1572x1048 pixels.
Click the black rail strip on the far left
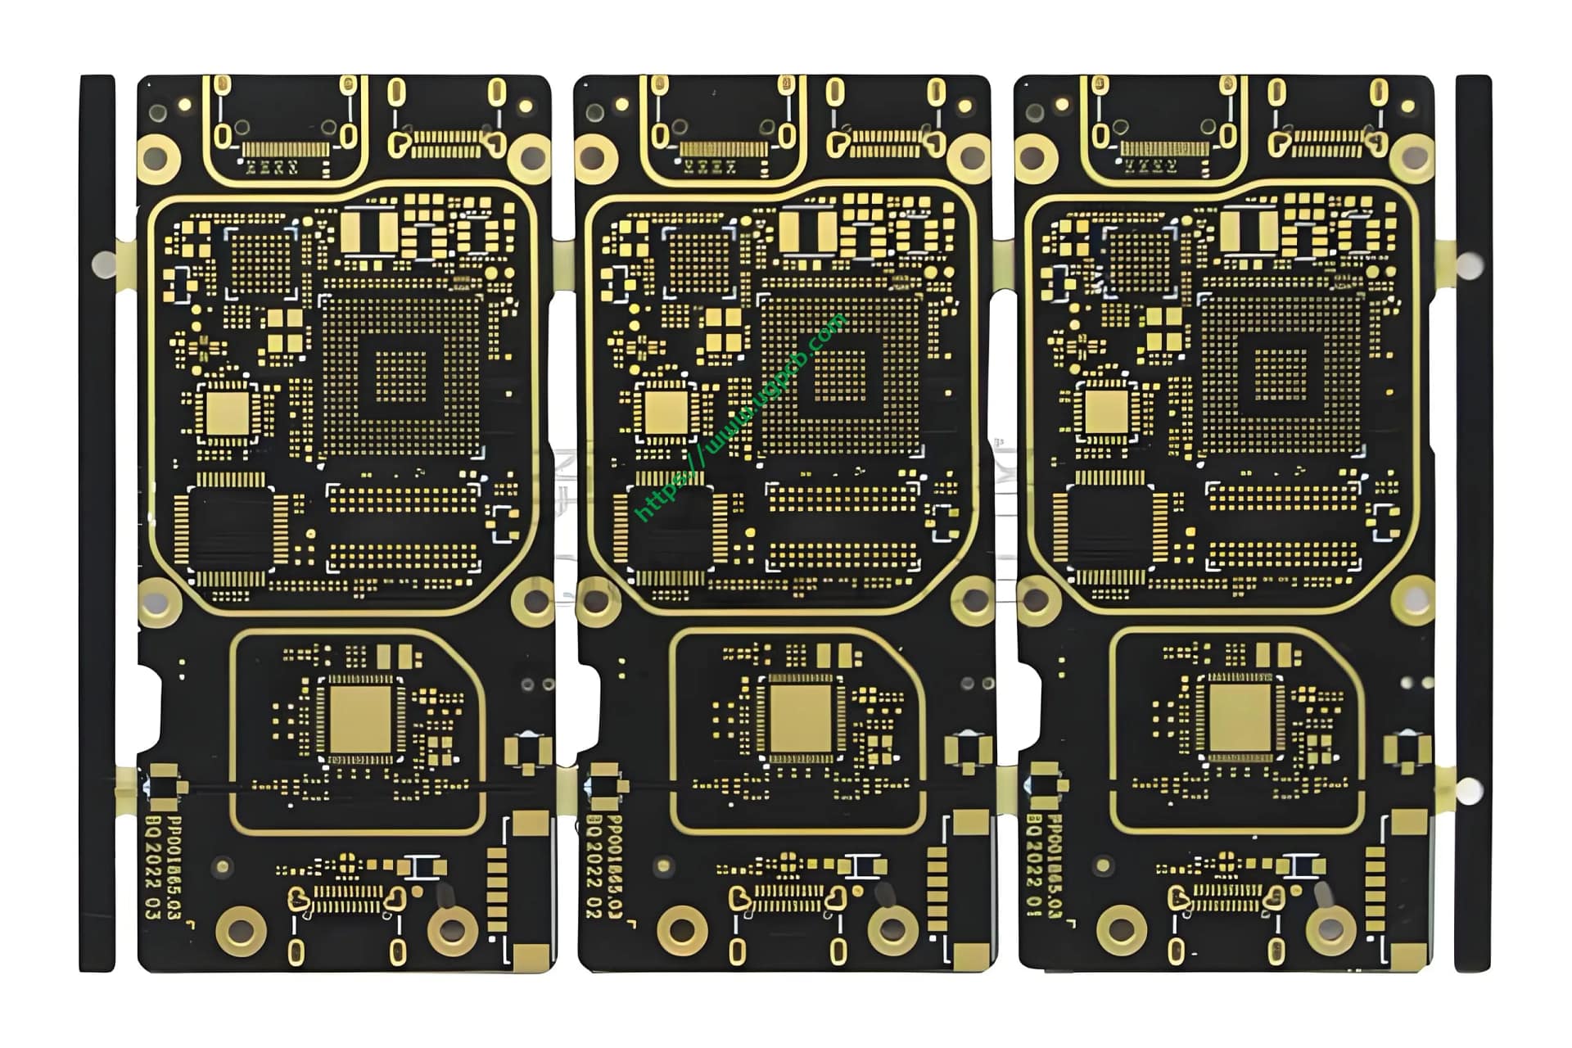97,524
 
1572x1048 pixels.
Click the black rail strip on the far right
1473,524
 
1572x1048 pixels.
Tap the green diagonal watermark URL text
741,418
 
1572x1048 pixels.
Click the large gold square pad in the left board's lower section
360,719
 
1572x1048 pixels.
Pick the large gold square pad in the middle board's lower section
801,719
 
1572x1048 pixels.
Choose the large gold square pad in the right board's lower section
1240,719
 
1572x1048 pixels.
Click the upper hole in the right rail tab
1470,264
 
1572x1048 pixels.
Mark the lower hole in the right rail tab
1470,791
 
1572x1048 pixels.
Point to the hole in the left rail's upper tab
104,264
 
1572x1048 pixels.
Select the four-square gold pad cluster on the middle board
725,330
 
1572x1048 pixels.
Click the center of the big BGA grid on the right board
1281,375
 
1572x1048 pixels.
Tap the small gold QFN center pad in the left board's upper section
228,413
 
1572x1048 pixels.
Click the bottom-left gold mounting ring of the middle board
681,929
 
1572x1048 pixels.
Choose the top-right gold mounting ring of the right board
1412,158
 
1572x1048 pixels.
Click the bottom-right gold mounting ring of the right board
1330,929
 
